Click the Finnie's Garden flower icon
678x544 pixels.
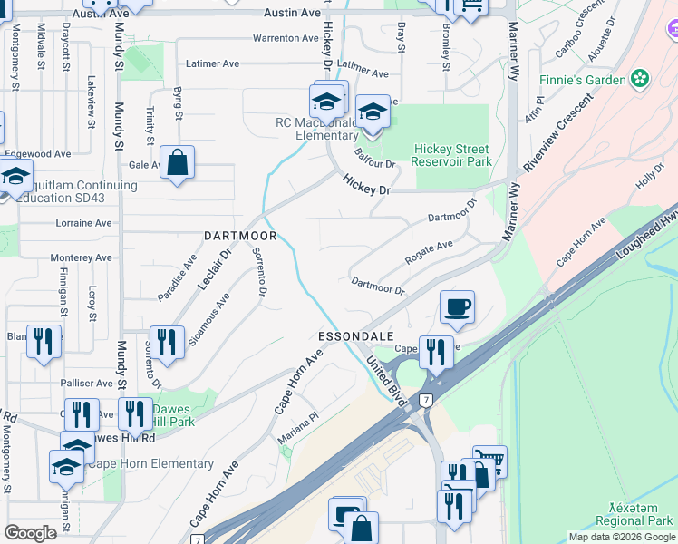tap(641, 79)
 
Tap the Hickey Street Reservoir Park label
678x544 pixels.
tap(451, 155)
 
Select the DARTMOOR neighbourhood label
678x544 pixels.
tap(239, 235)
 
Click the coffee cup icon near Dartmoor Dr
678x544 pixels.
tap(458, 306)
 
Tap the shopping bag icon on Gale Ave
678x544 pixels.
tap(178, 163)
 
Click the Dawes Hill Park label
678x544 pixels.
tap(173, 415)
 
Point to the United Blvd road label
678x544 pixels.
tap(384, 378)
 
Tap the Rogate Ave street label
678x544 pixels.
tap(429, 248)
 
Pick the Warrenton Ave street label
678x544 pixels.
tap(286, 38)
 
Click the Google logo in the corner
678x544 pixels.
tap(30, 533)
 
